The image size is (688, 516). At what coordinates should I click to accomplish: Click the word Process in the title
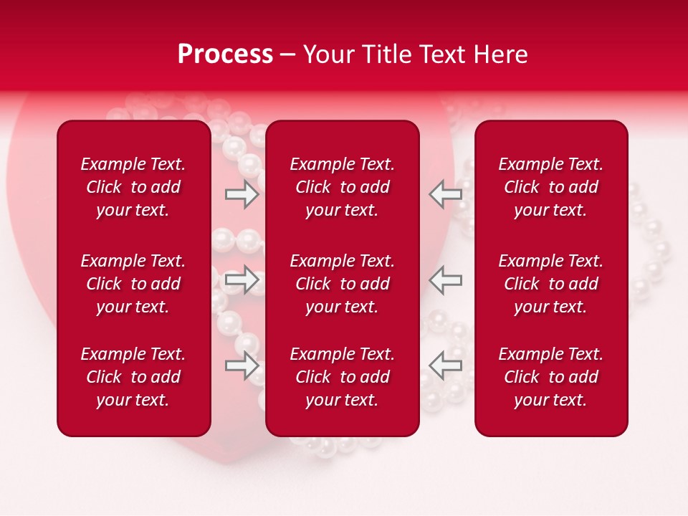pos(225,54)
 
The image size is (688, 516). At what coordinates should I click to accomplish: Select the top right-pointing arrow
pos(242,194)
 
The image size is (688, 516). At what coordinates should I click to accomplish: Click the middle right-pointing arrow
pos(242,279)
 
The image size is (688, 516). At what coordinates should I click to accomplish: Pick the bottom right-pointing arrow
pos(242,365)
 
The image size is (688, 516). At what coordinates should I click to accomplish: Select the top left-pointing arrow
pos(446,194)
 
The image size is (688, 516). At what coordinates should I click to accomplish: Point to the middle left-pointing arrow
pos(446,279)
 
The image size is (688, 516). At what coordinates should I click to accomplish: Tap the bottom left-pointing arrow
pos(446,365)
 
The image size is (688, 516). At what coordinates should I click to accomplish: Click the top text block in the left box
pos(133,187)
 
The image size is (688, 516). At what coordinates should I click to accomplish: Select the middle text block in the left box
pos(133,284)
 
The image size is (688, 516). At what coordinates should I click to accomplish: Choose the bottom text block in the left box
pos(133,377)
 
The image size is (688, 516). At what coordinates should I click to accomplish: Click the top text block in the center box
pos(342,187)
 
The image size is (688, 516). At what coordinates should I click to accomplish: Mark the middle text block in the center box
pos(342,284)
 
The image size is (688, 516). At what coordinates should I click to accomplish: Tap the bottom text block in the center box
pos(342,377)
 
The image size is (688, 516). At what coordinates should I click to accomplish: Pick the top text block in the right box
pos(551,187)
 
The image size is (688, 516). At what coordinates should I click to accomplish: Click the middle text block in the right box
pos(551,284)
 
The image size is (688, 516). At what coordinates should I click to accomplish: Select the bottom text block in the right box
pos(551,377)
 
